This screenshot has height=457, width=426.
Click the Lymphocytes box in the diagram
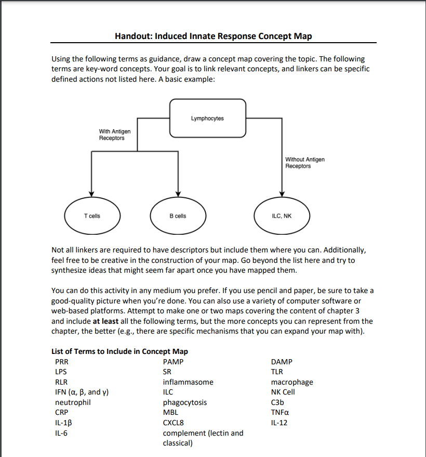[x=207, y=119]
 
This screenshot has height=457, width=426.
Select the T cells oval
[x=91, y=216]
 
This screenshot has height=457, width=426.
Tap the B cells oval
[x=178, y=216]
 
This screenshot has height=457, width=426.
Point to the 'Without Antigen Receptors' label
[x=304, y=162]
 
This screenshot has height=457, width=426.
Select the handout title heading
[x=213, y=36]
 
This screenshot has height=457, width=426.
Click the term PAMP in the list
[x=173, y=362]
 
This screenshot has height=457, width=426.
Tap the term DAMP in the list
[x=282, y=362]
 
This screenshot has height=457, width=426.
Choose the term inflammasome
[x=188, y=382]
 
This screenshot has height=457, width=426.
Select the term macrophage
[x=292, y=382]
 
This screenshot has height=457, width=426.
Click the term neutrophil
[x=73, y=402]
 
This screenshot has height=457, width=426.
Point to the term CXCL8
[x=174, y=423]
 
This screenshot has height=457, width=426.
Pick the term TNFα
[x=281, y=412]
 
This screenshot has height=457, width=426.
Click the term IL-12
[x=279, y=423]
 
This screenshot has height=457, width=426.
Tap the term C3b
[x=277, y=402]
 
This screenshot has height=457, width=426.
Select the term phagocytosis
[x=185, y=402]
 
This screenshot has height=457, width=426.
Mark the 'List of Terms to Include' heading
[x=119, y=351]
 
